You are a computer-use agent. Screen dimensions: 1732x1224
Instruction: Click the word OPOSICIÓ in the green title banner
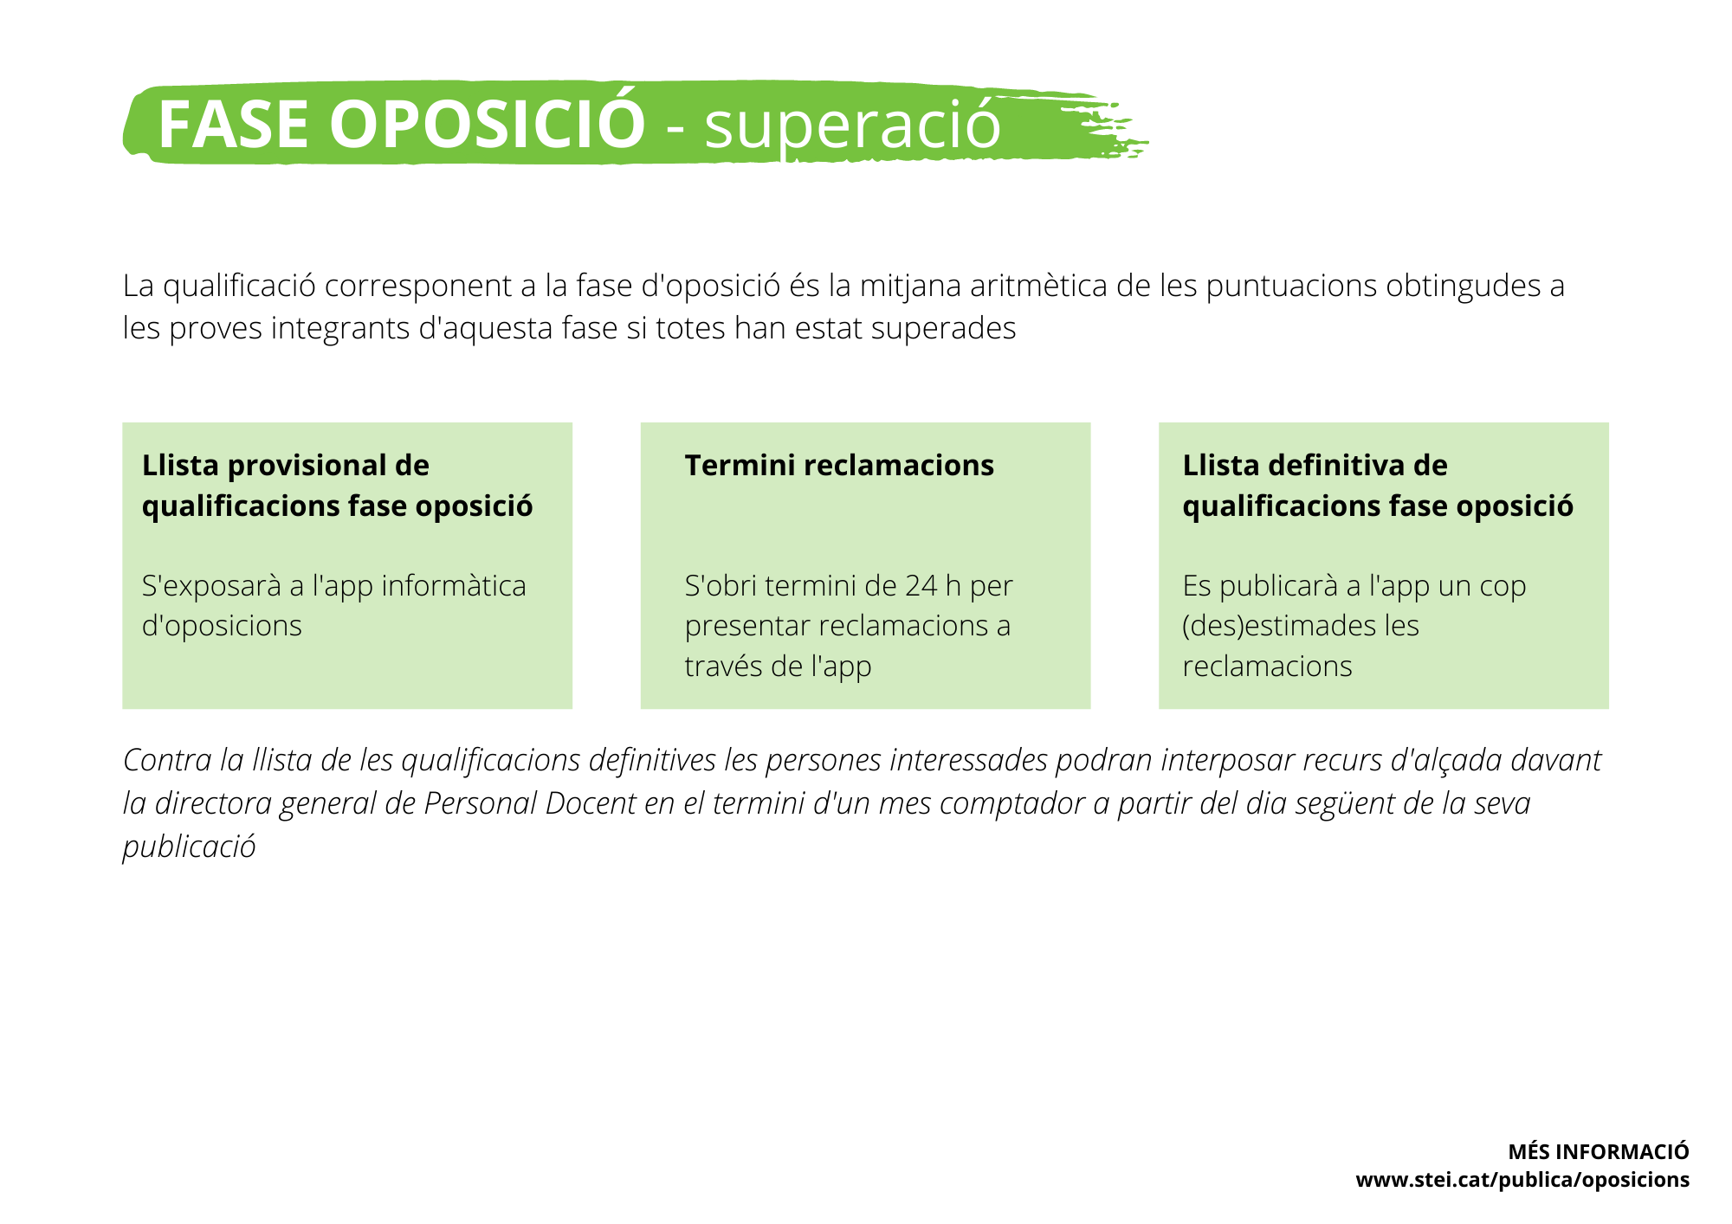pyautogui.click(x=488, y=124)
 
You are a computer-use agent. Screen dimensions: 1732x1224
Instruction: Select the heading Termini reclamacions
pyautogui.click(x=839, y=466)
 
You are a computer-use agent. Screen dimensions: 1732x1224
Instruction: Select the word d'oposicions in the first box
pyautogui.click(x=222, y=626)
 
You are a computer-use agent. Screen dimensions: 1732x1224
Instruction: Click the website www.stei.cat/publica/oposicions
pyautogui.click(x=1522, y=1180)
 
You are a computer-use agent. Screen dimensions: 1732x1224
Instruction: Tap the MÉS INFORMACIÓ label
pyautogui.click(x=1599, y=1151)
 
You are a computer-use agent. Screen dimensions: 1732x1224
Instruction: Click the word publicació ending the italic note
pyautogui.click(x=189, y=847)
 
